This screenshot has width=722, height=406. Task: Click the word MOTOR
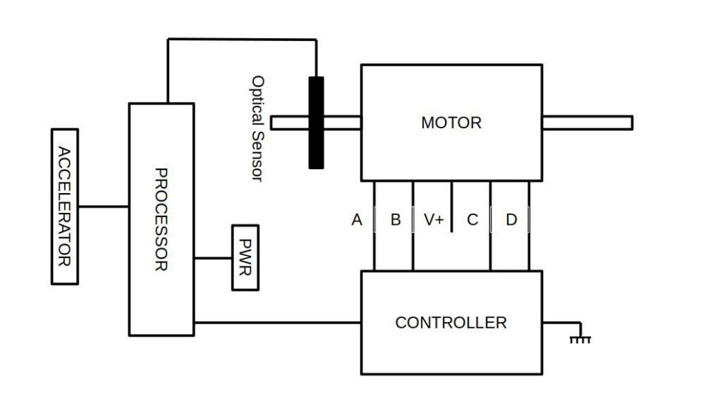451,123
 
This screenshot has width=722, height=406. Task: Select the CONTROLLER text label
451,323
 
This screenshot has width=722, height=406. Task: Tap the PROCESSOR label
161,219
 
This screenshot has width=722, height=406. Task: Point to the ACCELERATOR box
65,207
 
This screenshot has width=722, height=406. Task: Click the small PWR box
245,258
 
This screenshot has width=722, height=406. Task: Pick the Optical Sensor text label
257,128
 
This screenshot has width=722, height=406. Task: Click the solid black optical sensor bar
316,123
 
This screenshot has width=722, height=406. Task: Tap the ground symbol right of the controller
580,338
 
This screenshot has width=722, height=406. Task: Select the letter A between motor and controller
357,220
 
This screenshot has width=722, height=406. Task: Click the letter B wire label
396,220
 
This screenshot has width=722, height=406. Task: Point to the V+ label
434,220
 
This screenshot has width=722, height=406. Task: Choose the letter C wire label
472,220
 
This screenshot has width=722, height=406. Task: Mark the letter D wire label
511,220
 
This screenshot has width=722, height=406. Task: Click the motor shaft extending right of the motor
587,123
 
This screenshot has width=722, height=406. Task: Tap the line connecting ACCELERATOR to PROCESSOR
103,207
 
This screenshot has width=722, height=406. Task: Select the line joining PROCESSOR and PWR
213,258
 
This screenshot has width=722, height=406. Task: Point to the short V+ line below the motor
452,201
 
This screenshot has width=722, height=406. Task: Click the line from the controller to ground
561,323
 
